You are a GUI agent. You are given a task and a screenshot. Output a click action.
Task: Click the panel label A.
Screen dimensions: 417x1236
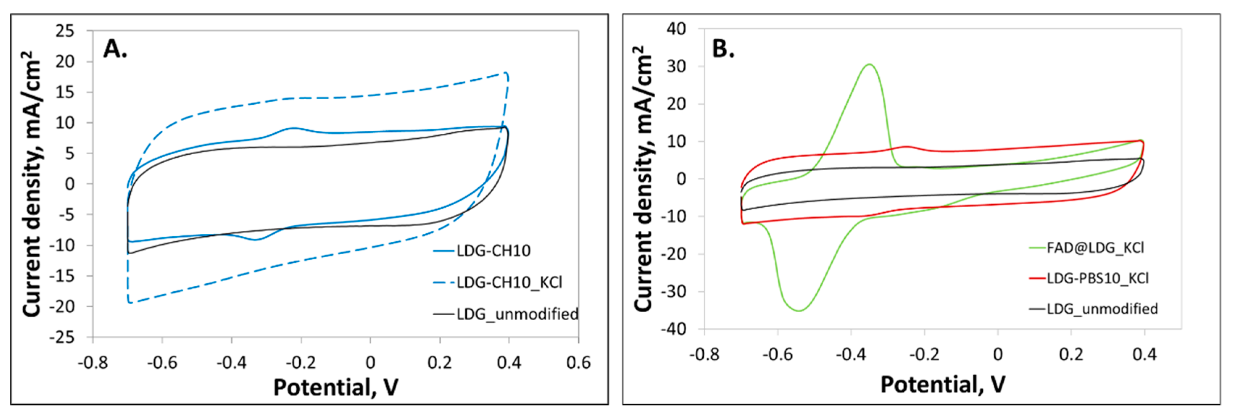click(115, 49)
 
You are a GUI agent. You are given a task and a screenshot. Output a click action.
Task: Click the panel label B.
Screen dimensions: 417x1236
click(723, 49)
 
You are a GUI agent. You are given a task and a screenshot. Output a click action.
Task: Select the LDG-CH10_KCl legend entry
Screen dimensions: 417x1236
click(509, 282)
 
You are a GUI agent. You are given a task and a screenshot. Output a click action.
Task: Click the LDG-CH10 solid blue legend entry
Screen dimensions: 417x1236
click(493, 250)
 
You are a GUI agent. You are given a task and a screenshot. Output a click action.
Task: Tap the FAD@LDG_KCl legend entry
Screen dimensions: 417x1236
click(1095, 247)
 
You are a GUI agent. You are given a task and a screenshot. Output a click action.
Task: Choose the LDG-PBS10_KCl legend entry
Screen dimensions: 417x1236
click(1097, 278)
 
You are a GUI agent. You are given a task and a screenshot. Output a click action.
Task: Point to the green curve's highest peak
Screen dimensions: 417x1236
click(869, 64)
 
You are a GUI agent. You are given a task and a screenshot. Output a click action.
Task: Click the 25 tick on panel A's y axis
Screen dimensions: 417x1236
click(65, 31)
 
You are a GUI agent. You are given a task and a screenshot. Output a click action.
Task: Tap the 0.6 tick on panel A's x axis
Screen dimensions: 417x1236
click(578, 363)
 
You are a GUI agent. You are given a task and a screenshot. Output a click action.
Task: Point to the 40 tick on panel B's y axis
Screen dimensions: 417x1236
click(676, 29)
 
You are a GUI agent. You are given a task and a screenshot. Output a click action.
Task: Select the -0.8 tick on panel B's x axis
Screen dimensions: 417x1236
click(704, 355)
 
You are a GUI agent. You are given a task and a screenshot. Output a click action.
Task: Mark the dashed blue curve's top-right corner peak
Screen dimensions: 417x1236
click(506, 73)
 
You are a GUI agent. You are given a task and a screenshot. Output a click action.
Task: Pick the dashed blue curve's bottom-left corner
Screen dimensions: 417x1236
click(129, 302)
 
